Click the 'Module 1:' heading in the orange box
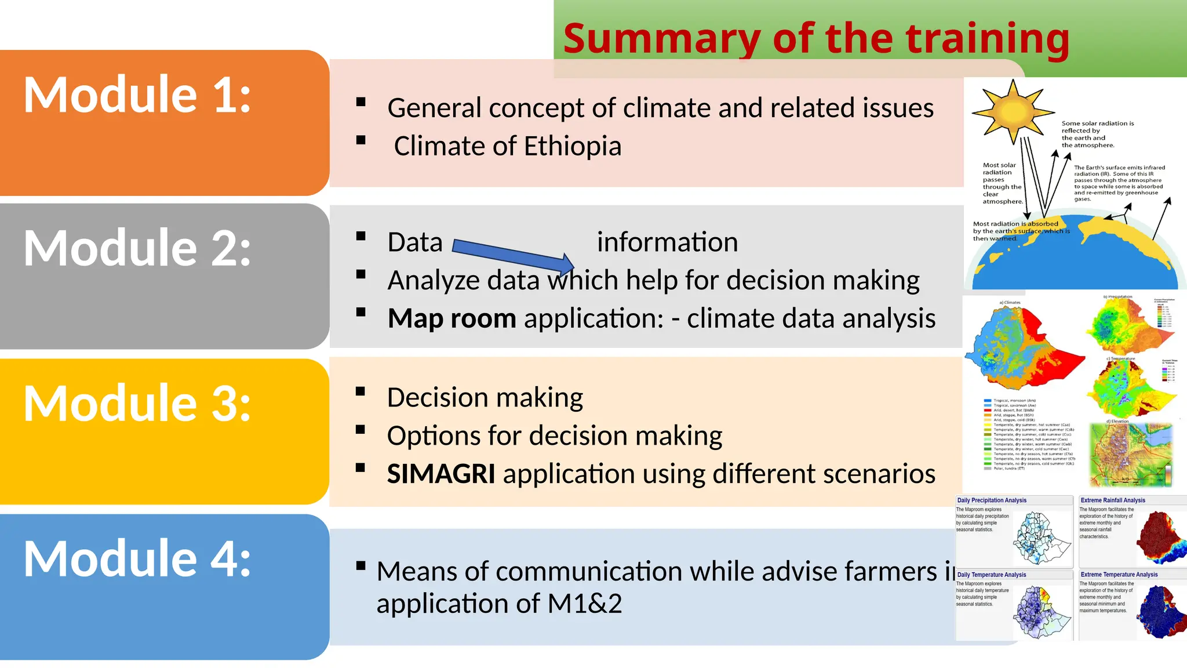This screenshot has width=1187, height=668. [137, 95]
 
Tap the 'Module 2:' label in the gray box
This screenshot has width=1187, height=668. [137, 248]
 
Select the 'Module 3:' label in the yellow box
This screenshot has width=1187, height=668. [137, 403]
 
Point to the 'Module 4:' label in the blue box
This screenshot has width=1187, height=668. [137, 558]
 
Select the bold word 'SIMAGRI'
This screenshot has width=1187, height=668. [440, 474]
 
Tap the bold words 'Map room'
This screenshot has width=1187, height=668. [452, 318]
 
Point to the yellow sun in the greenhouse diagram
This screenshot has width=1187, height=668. [1013, 111]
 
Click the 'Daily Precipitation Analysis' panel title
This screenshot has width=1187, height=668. [992, 500]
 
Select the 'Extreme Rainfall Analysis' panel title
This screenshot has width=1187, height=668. [1112, 500]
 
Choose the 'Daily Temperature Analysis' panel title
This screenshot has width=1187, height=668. [992, 575]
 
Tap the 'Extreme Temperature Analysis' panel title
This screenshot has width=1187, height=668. [1119, 575]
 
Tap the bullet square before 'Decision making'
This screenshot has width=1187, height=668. [361, 391]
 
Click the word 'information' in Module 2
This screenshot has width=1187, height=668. [667, 242]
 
